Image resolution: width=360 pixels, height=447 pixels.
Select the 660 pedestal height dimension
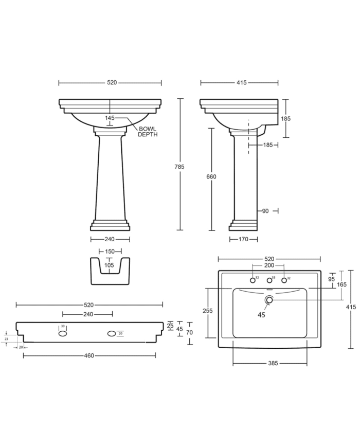(211, 176)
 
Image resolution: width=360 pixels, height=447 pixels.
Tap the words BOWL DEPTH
(148, 131)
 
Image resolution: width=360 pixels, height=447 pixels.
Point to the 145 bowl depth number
(110, 118)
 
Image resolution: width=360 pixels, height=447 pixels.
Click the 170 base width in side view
(243, 239)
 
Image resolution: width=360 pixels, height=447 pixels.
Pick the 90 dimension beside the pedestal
(265, 210)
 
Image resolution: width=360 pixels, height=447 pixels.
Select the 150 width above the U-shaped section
(110, 252)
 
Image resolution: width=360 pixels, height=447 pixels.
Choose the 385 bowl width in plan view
(273, 363)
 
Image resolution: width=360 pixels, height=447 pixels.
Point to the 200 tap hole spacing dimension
(268, 266)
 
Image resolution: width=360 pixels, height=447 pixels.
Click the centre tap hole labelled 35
(268, 280)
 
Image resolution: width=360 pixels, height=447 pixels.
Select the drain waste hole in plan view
(268, 300)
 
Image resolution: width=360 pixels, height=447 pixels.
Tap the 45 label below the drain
(261, 315)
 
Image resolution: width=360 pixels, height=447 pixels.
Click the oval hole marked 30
(63, 333)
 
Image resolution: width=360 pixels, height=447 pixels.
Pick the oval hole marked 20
(112, 333)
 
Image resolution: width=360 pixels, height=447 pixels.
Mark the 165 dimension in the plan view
(342, 284)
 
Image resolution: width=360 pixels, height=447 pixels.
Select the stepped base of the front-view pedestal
(110, 226)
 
